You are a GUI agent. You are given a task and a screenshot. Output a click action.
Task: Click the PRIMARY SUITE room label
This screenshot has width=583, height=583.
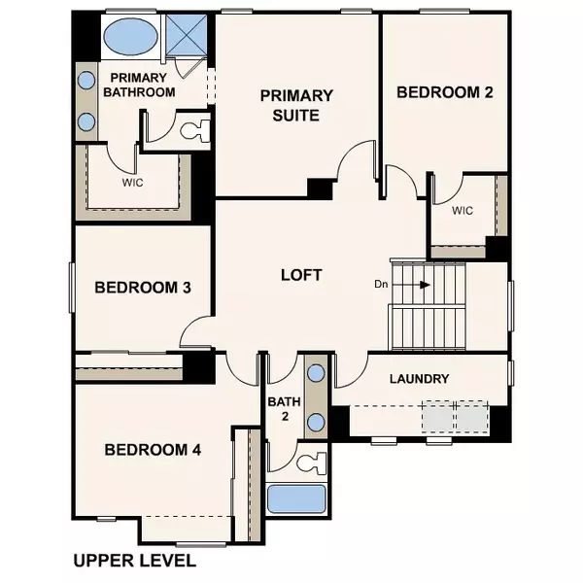(296, 105)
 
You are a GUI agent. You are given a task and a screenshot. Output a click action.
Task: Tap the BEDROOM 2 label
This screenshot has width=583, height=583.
(445, 92)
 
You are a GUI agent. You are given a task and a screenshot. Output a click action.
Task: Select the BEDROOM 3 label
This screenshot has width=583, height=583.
(142, 288)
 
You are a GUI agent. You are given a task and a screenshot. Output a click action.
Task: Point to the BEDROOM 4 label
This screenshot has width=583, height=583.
(153, 450)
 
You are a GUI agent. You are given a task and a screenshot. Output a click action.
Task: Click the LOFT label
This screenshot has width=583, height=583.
(300, 275)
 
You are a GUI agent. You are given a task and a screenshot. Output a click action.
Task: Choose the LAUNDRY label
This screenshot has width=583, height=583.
(419, 379)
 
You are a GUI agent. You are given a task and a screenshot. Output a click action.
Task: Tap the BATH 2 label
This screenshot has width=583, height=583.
(280, 408)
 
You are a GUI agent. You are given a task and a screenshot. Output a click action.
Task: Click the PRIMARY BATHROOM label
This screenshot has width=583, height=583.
(142, 85)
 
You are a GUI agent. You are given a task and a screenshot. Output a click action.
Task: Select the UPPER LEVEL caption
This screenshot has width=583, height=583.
(135, 561)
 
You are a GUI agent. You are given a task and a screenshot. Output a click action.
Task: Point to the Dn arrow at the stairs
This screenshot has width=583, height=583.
(424, 285)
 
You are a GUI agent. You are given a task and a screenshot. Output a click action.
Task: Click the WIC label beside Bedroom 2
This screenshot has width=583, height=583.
(462, 210)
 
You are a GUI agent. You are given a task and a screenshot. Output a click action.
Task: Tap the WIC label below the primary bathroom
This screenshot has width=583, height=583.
(133, 182)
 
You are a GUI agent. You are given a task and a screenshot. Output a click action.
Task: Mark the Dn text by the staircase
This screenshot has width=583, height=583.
(383, 285)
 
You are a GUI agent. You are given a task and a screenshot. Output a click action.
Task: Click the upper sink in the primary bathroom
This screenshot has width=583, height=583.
(86, 81)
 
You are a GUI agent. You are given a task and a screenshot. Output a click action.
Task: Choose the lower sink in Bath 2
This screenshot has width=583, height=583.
(316, 423)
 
